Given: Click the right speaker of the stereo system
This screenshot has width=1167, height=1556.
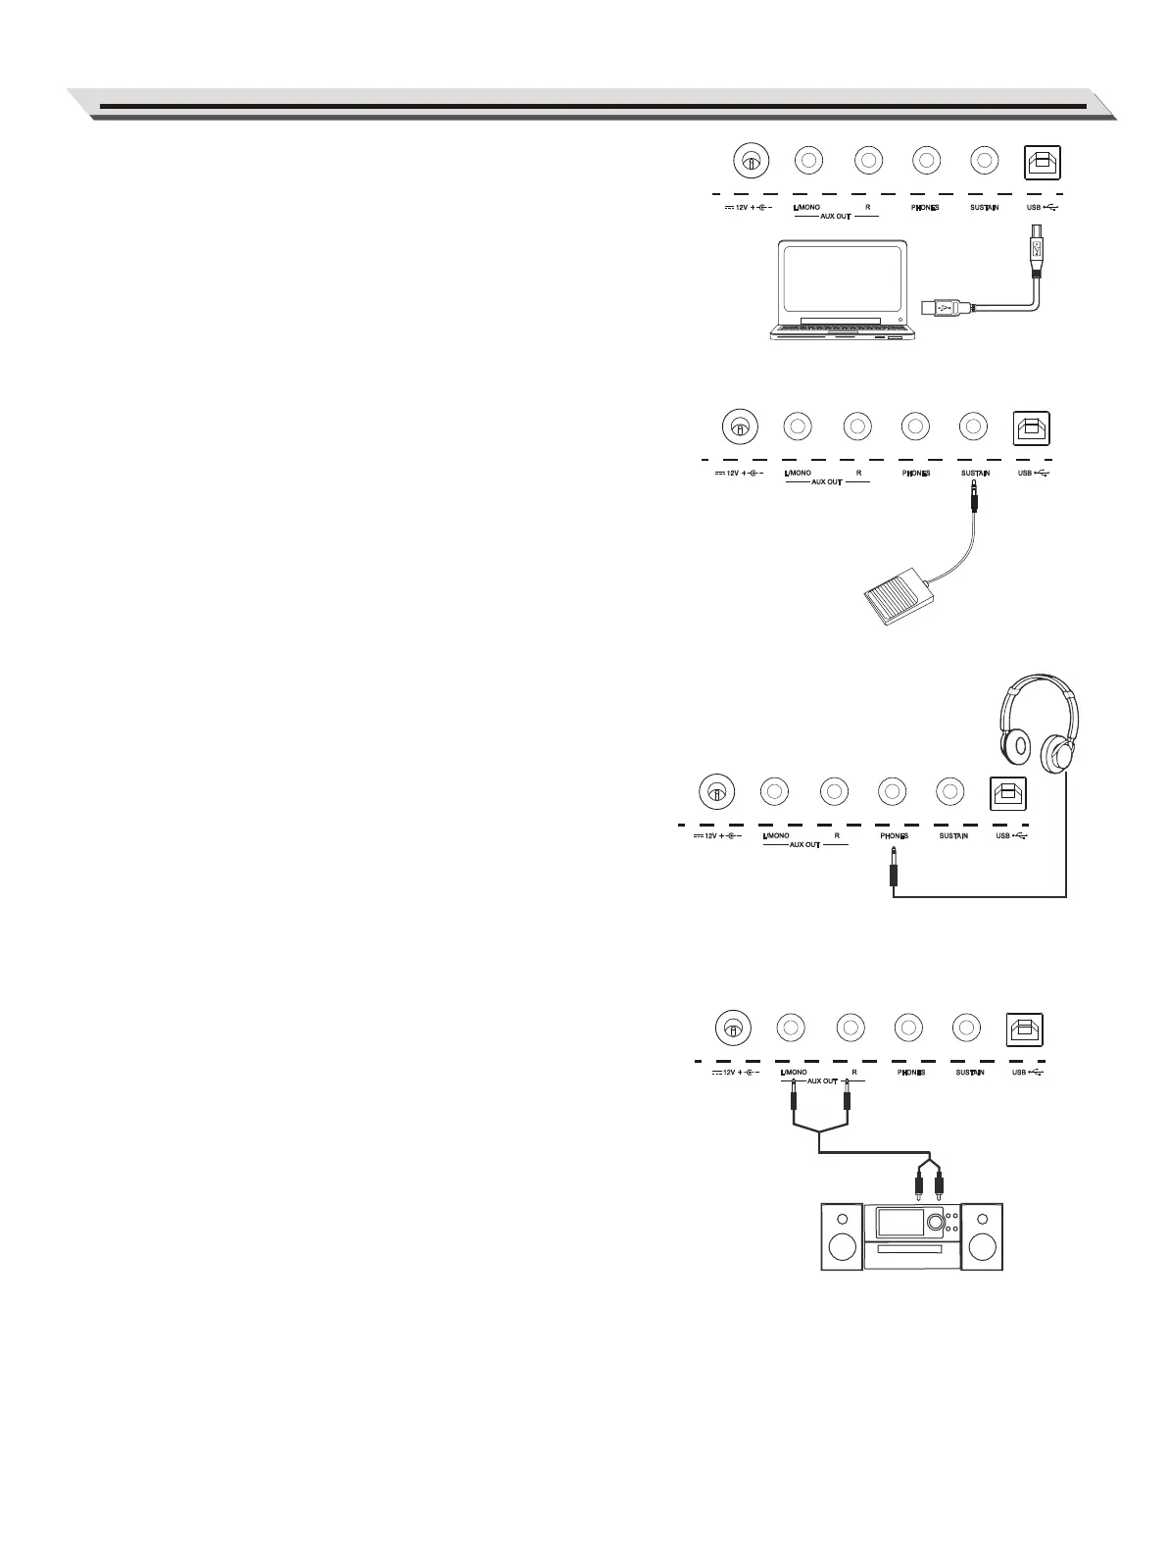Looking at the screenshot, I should click(x=983, y=1237).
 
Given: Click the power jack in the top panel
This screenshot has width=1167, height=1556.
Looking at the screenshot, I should click(x=751, y=161).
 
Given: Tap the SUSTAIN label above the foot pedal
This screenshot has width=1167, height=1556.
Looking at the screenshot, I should click(x=975, y=474).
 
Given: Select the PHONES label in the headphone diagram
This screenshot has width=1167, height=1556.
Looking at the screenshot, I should click(x=894, y=836).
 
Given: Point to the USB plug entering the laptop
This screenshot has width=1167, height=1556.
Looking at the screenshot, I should click(x=947, y=307).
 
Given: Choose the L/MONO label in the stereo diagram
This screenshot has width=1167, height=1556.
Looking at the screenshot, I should click(x=794, y=1073).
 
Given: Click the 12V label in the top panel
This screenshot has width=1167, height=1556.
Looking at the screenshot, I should click(x=742, y=208).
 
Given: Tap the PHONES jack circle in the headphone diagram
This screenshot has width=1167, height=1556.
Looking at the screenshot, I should click(x=891, y=790).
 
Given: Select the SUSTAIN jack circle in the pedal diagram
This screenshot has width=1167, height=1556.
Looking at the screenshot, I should click(x=972, y=427).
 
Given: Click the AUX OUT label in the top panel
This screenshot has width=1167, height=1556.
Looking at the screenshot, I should click(x=836, y=216).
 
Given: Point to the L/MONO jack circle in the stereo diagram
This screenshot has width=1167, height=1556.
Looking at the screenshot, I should click(x=791, y=1028).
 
